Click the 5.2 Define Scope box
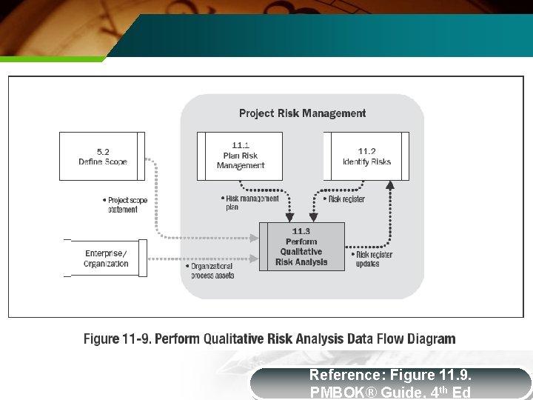102,156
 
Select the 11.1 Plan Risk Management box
240,156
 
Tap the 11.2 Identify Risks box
366,156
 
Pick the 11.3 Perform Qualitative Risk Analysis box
301,247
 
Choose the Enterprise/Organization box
105,258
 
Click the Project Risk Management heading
302,113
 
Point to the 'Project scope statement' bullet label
125,204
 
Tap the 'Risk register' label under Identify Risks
344,199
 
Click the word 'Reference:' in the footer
344,375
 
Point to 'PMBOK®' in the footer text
343,392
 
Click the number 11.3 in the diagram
301,231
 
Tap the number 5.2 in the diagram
102,151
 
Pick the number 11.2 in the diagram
366,151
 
